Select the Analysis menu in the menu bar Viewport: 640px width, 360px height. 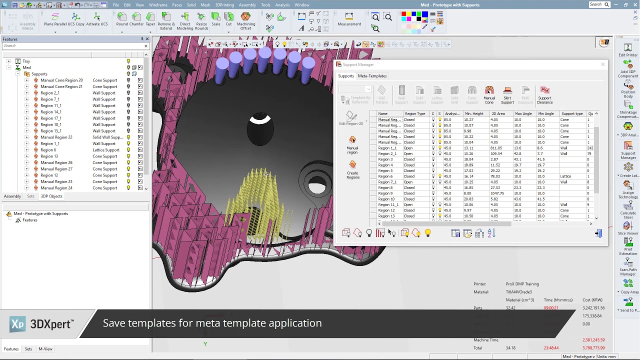click(x=282, y=5)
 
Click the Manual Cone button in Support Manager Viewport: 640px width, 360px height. click(x=489, y=94)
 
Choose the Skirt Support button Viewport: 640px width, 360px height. click(x=507, y=94)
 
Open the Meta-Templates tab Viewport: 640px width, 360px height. click(x=372, y=76)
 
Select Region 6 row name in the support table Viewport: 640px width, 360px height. click(x=385, y=176)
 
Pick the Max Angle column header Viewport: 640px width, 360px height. click(x=523, y=114)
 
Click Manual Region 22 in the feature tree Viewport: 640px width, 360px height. click(x=56, y=137)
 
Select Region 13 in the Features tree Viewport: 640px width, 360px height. click(x=49, y=156)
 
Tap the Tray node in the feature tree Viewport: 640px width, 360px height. click(x=26, y=61)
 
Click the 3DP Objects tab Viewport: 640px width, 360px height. click(x=51, y=196)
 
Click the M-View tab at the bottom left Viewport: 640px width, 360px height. click(x=45, y=349)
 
